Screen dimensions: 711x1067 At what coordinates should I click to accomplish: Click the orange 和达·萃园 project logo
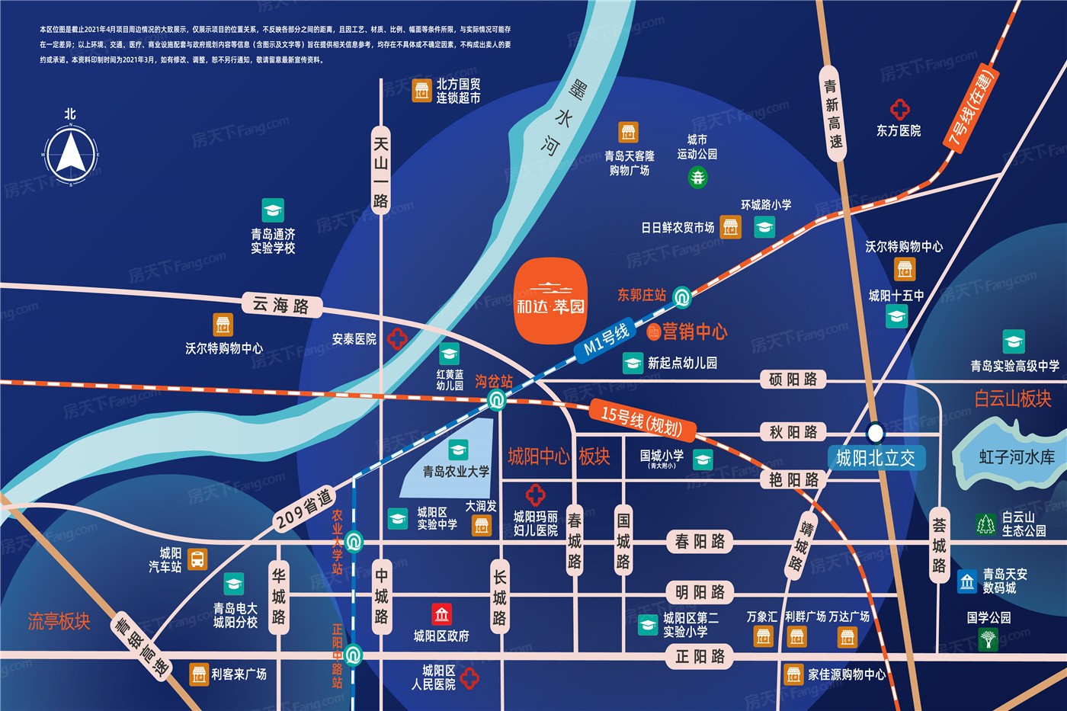pos(550,300)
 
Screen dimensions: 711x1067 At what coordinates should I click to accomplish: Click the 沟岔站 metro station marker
pos(497,399)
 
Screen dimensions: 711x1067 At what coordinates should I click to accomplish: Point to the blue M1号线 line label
pos(607,338)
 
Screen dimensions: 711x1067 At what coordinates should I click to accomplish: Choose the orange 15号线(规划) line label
pos(641,420)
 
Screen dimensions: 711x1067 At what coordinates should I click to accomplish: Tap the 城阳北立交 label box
pos(876,458)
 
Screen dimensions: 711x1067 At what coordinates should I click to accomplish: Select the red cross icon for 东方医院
pos(900,109)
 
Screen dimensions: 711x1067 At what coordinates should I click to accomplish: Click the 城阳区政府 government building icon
pos(441,613)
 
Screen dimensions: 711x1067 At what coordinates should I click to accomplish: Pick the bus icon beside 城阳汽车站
pos(197,559)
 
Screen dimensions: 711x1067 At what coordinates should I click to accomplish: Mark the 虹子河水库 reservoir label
pos(1017,457)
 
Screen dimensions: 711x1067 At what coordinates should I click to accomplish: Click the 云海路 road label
pos(280,306)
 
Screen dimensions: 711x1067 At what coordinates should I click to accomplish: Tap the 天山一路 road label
pos(380,172)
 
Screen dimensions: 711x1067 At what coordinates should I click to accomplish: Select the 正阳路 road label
pos(700,656)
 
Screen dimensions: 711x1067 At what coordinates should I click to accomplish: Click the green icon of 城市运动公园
pos(697,178)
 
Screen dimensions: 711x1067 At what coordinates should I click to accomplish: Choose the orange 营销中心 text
pos(694,331)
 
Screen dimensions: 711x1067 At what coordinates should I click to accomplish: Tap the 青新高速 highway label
pos(834,114)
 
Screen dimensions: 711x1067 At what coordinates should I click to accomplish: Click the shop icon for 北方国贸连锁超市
pos(421,91)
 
